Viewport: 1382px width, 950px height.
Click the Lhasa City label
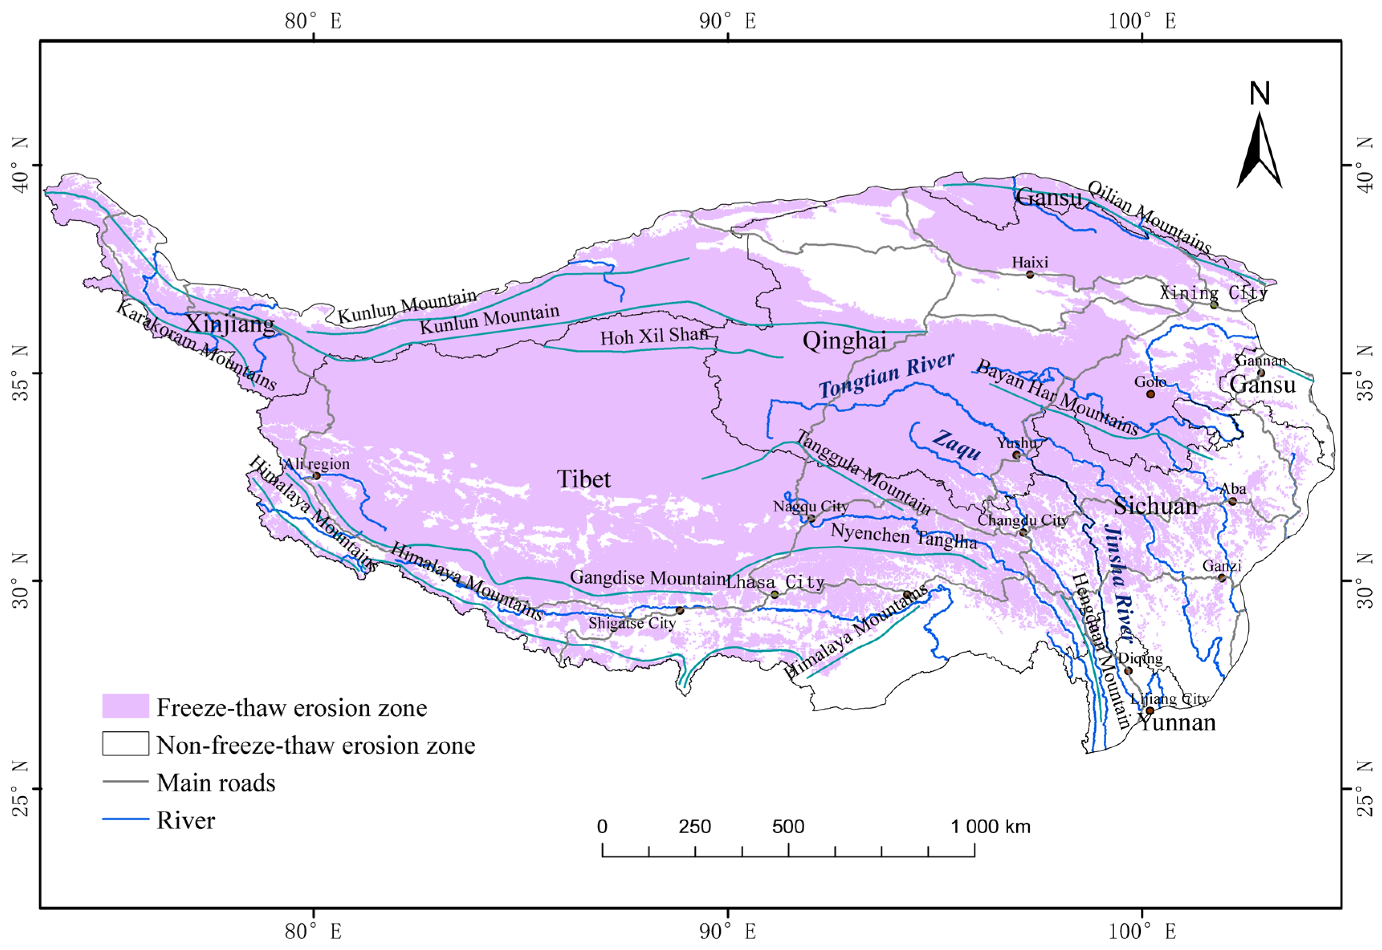tap(775, 582)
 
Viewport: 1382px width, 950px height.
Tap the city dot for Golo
tap(1150, 394)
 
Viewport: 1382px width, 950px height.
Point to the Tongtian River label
tap(886, 375)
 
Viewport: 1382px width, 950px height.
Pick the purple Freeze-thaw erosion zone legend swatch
tap(125, 706)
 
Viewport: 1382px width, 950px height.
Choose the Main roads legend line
tap(125, 781)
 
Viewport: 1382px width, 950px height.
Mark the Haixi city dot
tap(1030, 275)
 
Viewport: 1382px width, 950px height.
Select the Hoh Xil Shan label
tap(653, 336)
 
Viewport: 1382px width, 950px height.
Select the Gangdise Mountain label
tap(647, 578)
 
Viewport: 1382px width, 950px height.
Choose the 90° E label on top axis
tap(727, 21)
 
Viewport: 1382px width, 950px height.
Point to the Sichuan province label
tap(1155, 506)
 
